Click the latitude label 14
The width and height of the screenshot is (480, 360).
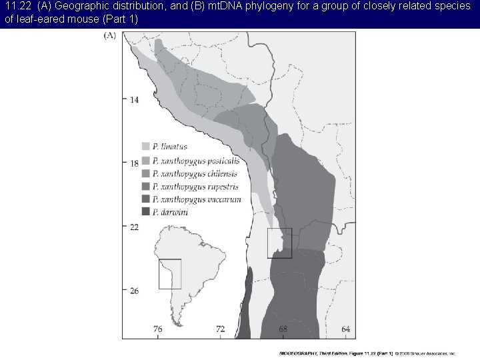(x=134, y=99)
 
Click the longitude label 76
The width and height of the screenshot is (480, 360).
(x=158, y=329)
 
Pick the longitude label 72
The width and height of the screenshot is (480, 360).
(x=220, y=329)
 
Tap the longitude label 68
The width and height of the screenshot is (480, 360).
(x=283, y=329)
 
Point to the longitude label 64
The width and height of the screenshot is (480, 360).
(x=346, y=329)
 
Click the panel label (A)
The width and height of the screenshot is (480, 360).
(x=109, y=36)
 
